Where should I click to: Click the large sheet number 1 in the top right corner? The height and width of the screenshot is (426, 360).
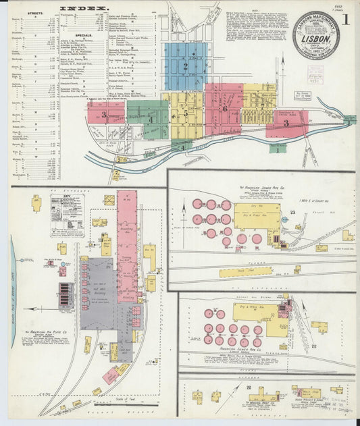click(x=346, y=20)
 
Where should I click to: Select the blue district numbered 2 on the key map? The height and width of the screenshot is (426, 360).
click(x=184, y=66)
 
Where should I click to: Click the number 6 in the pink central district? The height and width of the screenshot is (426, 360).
click(x=224, y=108)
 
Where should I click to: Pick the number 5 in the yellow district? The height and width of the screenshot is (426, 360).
click(x=185, y=114)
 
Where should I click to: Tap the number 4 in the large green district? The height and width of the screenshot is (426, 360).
click(x=151, y=120)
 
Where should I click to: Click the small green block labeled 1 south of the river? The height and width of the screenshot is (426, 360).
click(x=278, y=150)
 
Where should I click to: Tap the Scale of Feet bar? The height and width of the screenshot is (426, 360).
click(x=135, y=404)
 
